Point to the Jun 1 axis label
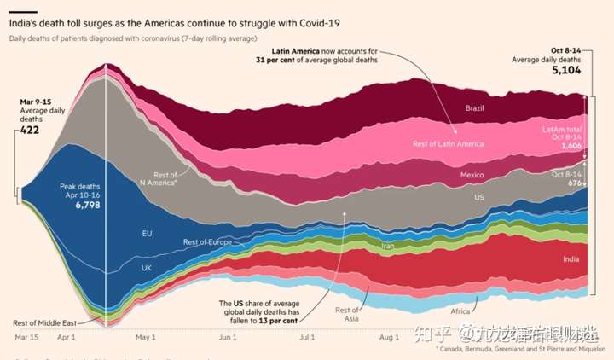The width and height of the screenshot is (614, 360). click(228, 338)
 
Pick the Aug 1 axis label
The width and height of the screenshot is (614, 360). click(390, 338)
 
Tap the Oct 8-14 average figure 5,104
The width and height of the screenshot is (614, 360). click(566, 70)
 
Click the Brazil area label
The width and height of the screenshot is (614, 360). click(475, 108)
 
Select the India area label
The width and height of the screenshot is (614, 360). click(572, 258)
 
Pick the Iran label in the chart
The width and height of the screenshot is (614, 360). click(387, 246)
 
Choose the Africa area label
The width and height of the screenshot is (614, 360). click(461, 298)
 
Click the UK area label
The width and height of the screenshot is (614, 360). click(146, 267)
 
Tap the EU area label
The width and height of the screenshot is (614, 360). click(147, 232)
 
